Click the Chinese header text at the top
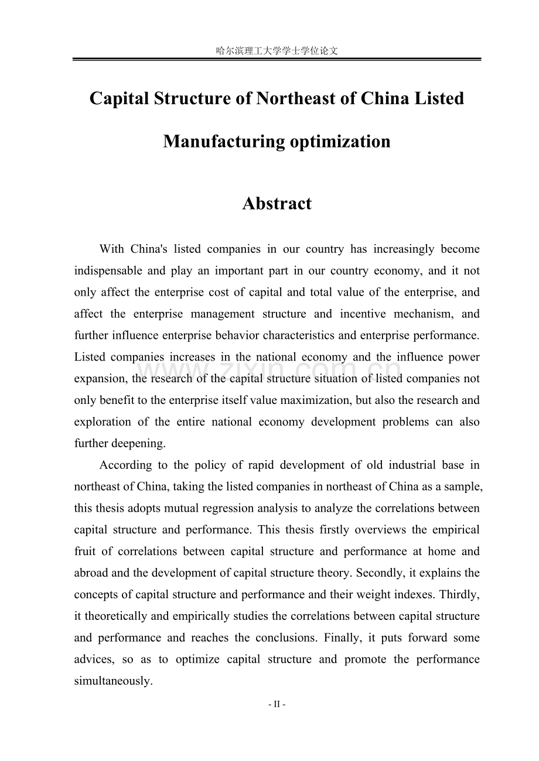pyautogui.click(x=277, y=51)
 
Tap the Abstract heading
pyautogui.click(x=277, y=204)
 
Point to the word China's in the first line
pyautogui.click(x=149, y=249)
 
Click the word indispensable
pyautogui.click(x=108, y=270)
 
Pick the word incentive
pyautogui.click(x=363, y=314)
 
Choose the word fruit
pyautogui.click(x=86, y=551)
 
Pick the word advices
pyautogui.click(x=94, y=659)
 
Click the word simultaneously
pyautogui.click(x=113, y=681)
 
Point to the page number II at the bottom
pyautogui.click(x=277, y=705)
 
